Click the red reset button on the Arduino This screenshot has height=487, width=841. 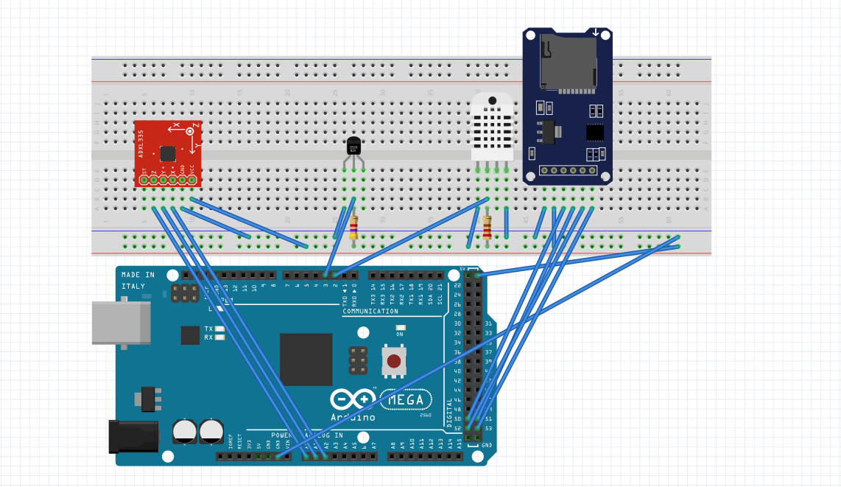[395, 362]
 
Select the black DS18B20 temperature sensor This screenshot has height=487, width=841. [354, 147]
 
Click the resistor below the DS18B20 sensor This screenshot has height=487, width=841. [354, 227]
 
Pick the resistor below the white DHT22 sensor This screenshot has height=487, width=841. [488, 227]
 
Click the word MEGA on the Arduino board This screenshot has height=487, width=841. [406, 400]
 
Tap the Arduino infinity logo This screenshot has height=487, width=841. [353, 400]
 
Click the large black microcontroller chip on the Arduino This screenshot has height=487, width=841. [306, 360]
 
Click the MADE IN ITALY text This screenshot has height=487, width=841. [138, 280]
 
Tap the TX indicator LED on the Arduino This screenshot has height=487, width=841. [219, 329]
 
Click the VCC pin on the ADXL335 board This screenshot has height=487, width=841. [191, 180]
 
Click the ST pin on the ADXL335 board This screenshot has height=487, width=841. [144, 180]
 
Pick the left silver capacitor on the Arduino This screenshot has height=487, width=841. [184, 432]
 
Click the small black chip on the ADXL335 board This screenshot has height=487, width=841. [168, 153]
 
